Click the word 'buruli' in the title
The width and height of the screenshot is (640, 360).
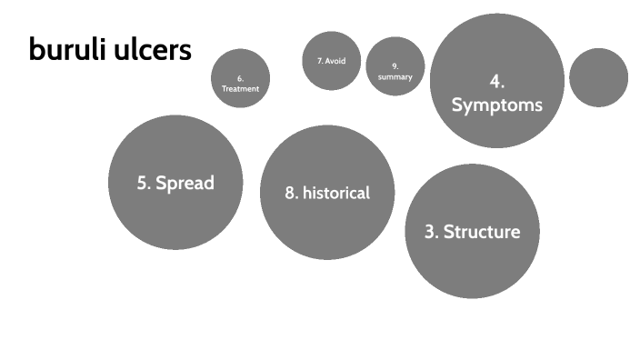tap(65, 50)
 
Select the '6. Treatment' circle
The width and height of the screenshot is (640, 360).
tap(240, 78)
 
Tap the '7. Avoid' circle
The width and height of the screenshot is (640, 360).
tap(331, 61)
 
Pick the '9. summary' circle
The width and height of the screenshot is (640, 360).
tap(395, 66)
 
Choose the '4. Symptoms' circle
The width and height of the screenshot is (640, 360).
tap(497, 81)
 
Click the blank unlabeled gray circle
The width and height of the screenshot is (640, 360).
tap(598, 77)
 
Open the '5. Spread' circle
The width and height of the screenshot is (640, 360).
tap(175, 183)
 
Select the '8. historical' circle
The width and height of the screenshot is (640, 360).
tap(327, 193)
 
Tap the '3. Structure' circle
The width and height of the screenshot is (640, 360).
tap(472, 231)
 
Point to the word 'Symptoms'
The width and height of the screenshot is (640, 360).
tap(497, 105)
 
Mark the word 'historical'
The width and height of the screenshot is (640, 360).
tap(336, 193)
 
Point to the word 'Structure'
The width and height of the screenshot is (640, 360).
tap(482, 232)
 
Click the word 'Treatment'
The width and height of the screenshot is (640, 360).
tap(240, 89)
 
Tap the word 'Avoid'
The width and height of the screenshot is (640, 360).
tap(335, 61)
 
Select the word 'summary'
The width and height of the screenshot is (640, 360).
tap(395, 77)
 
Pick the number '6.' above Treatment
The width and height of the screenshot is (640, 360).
tap(240, 78)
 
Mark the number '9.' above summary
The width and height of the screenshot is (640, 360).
tap(395, 66)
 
